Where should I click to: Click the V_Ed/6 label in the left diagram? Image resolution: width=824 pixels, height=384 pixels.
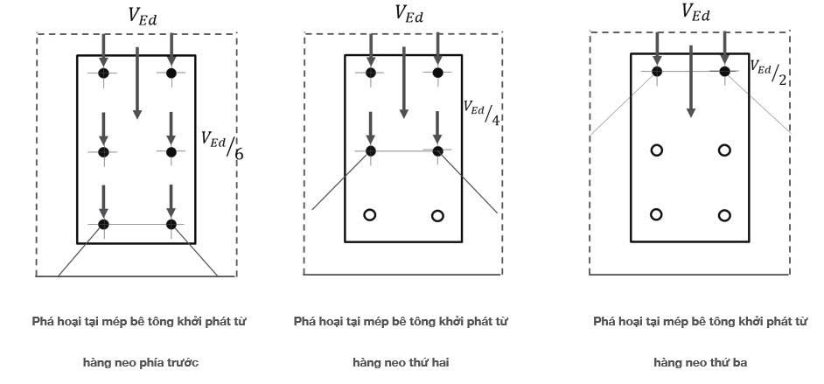[222, 144]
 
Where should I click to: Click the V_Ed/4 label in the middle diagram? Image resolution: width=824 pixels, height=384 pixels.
[481, 111]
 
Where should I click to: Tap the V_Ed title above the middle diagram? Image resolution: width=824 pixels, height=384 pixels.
[409, 15]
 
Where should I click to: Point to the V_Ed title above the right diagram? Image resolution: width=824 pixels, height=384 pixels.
[695, 12]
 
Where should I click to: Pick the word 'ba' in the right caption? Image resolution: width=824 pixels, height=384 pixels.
[740, 362]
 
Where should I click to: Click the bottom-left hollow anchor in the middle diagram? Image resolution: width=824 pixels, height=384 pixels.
[369, 215]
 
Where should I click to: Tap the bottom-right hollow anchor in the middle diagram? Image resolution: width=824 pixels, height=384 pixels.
[437, 215]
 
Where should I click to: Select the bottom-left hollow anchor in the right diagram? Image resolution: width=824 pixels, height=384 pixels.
[656, 214]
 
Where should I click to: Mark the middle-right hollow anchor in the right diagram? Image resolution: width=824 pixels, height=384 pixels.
[724, 150]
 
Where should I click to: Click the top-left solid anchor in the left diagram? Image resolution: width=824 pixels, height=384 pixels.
[103, 73]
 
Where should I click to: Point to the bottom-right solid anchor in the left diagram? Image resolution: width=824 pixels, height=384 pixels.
[171, 224]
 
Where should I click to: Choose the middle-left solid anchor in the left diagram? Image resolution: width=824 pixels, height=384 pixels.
[103, 152]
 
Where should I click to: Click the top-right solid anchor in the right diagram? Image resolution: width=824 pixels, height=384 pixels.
[724, 72]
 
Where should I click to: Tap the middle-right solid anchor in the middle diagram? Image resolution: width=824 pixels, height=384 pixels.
[437, 151]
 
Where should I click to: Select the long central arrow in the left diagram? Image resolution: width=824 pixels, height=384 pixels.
[137, 83]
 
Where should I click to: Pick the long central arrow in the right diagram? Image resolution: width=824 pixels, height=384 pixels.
[691, 81]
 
